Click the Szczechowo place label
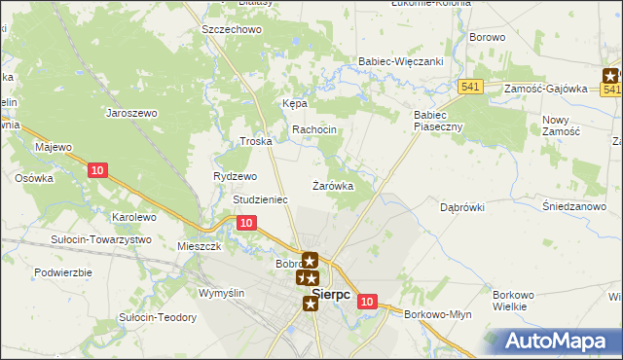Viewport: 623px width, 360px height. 232,29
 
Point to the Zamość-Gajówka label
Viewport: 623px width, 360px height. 545,88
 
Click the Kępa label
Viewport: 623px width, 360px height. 295,103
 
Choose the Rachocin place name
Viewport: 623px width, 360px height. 314,129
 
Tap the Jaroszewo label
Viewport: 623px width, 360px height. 131,113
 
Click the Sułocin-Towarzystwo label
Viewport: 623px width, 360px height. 102,239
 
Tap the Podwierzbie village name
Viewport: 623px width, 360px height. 63,272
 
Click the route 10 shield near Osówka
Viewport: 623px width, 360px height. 96,171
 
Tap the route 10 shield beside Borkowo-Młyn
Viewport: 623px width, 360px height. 366,302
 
